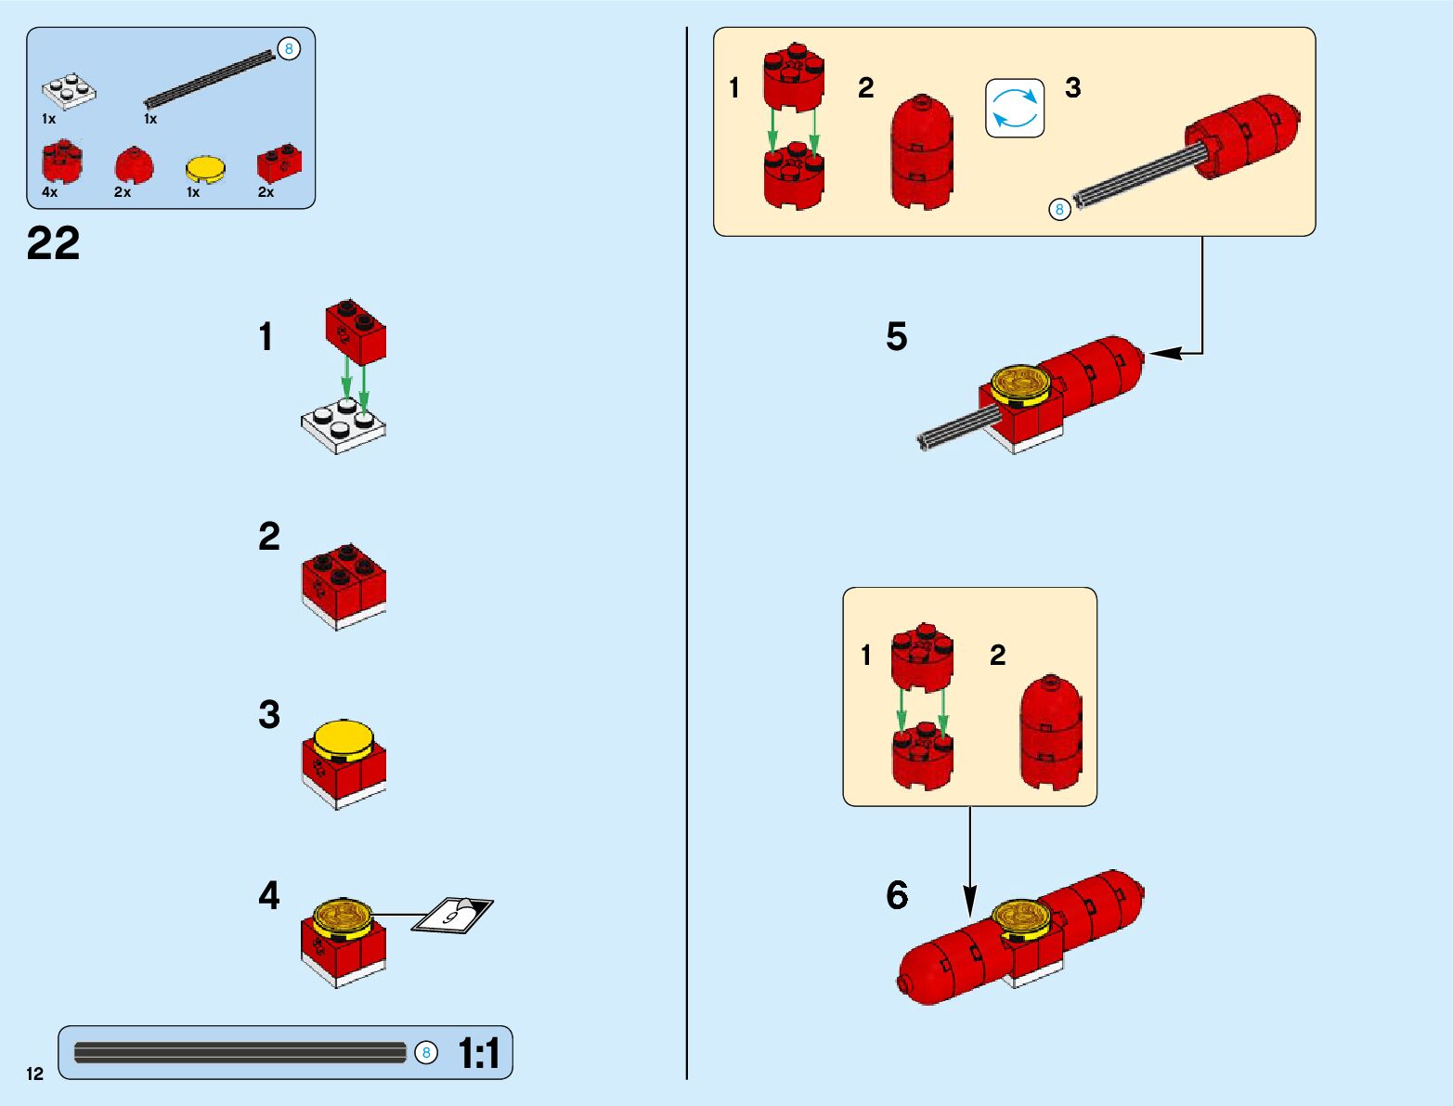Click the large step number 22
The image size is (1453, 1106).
click(x=53, y=244)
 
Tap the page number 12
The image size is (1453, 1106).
click(x=34, y=1073)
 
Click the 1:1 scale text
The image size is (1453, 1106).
click(x=479, y=1053)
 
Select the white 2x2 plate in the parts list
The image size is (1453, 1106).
click(x=69, y=90)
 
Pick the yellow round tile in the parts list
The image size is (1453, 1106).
click(x=205, y=169)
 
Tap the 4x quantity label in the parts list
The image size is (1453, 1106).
click(x=49, y=192)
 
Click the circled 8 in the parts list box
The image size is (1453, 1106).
click(x=290, y=49)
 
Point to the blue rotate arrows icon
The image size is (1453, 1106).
click(x=1015, y=108)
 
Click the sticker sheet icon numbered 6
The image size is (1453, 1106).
click(x=454, y=915)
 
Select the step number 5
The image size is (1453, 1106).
click(x=896, y=336)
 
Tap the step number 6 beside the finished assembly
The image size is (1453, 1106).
click(x=897, y=895)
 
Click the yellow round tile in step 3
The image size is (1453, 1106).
click(x=343, y=739)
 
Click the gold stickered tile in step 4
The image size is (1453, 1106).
click(x=342, y=915)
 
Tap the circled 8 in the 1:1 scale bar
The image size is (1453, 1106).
click(x=425, y=1052)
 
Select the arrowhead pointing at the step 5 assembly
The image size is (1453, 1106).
click(x=1162, y=353)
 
